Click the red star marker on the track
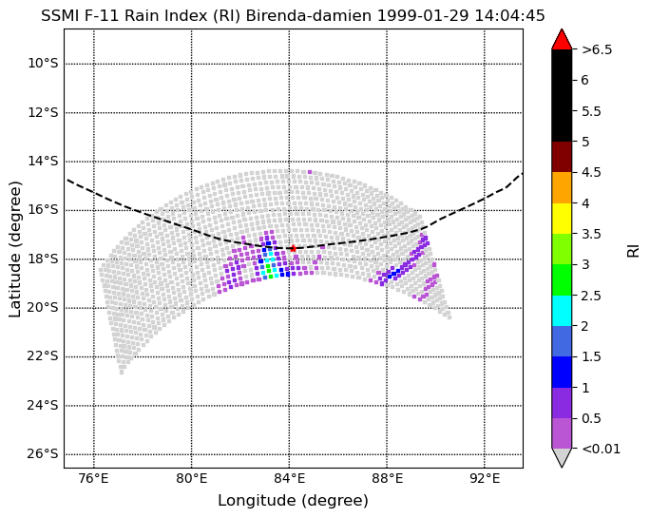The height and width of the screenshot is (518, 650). click(x=293, y=248)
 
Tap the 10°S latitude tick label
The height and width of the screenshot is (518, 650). click(x=43, y=64)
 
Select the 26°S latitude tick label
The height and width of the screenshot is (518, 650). click(x=43, y=454)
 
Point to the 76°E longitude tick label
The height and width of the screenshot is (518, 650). click(x=94, y=479)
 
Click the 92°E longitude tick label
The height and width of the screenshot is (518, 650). click(x=485, y=479)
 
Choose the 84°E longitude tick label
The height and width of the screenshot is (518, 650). click(x=289, y=479)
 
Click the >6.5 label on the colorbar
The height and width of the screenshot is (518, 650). click(x=597, y=49)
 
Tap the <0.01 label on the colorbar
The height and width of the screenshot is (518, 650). click(x=602, y=449)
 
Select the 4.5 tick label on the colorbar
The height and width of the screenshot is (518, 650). click(x=591, y=172)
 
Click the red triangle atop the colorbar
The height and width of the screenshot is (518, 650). click(x=562, y=40)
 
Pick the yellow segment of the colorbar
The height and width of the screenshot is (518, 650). click(x=562, y=219)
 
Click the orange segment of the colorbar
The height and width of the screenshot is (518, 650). click(x=562, y=188)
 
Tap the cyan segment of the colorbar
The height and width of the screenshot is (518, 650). click(x=562, y=311)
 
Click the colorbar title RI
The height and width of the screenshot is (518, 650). click(x=634, y=251)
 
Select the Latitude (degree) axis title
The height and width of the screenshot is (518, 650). click(x=14, y=249)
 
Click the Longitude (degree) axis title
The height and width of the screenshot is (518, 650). click(x=293, y=501)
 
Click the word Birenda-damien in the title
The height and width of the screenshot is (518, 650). click(x=309, y=16)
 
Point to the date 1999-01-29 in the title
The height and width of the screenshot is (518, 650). click(x=423, y=16)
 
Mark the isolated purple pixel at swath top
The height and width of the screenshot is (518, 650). click(x=310, y=172)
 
